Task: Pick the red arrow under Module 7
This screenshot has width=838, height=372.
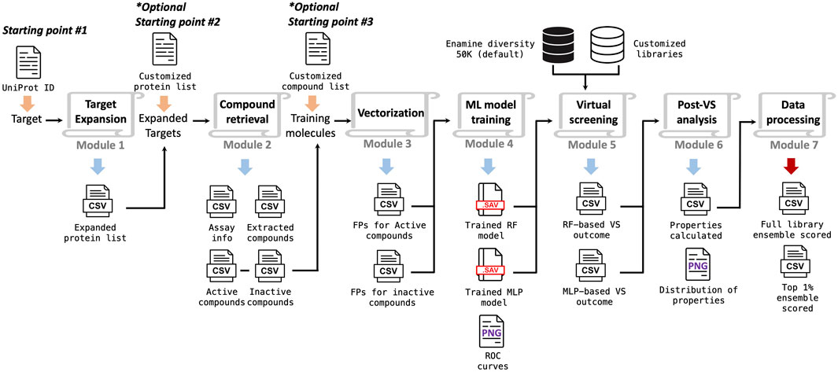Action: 792,165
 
